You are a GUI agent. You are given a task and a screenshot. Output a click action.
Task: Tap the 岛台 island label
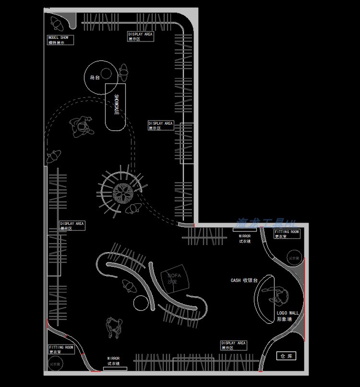click(95, 77)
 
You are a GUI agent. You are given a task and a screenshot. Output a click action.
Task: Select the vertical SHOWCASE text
click(116, 105)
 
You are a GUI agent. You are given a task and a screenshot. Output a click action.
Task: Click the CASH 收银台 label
click(244, 280)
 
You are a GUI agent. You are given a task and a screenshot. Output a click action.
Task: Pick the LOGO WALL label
click(288, 316)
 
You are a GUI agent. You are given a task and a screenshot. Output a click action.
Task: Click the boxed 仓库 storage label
click(287, 356)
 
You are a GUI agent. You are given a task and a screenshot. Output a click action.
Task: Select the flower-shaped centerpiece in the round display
click(123, 193)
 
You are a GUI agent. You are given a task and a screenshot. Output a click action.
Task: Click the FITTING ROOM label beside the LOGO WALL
click(287, 234)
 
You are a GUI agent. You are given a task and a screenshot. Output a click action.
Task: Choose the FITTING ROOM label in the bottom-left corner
click(61, 349)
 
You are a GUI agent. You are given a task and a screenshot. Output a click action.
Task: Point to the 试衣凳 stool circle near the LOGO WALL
click(294, 258)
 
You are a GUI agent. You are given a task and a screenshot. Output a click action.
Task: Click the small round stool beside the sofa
click(140, 303)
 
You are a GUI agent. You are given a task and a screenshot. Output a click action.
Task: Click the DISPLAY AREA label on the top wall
click(140, 36)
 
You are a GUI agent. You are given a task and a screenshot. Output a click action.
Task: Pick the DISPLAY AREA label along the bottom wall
click(234, 345)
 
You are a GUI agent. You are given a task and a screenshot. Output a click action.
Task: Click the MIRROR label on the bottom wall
click(113, 361)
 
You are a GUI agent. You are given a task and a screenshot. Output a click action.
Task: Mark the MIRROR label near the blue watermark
click(245, 238)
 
